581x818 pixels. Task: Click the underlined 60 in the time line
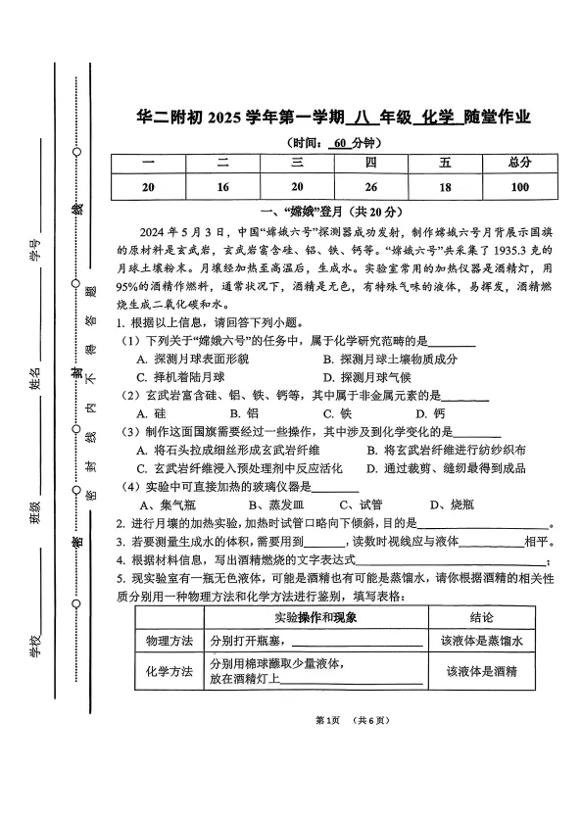pyautogui.click(x=340, y=143)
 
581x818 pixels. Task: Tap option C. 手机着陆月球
pyautogui.click(x=181, y=377)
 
